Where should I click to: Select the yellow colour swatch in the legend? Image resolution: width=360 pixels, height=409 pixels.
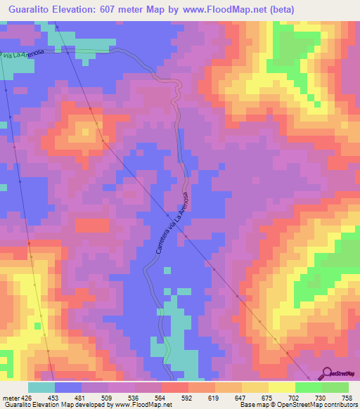[x=282, y=387]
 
